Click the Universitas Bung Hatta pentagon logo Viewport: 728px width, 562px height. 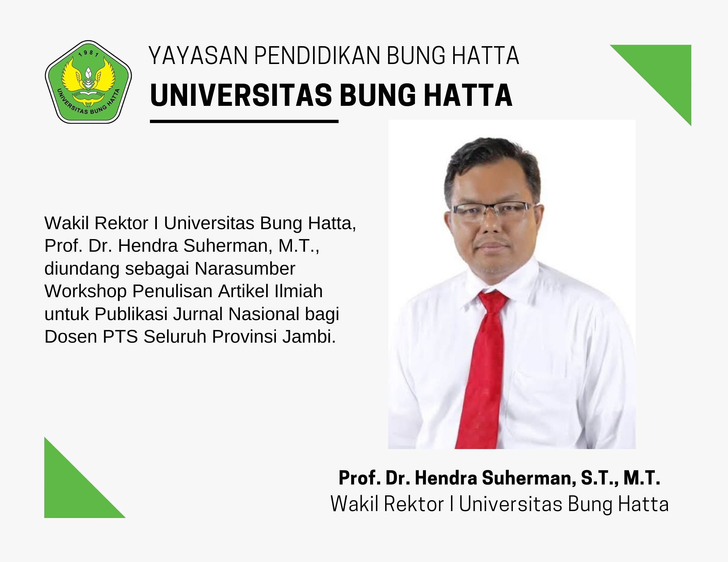(88, 82)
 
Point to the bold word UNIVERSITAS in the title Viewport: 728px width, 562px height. (241, 95)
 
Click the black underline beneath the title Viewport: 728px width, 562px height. (244, 121)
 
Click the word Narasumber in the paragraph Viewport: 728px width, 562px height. (245, 269)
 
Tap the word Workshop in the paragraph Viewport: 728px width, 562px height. (85, 291)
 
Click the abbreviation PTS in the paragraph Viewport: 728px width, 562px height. (120, 337)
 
